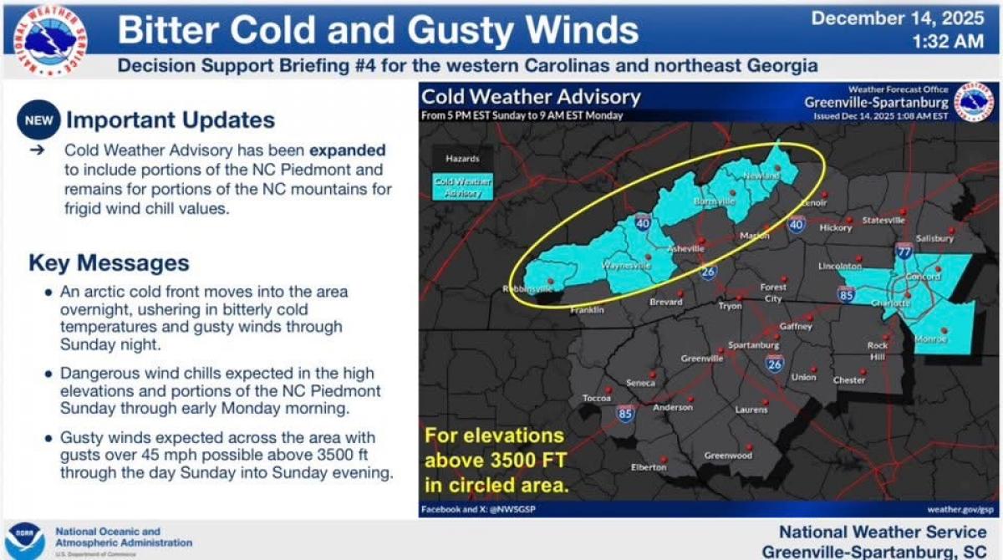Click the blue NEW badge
coord(38,120)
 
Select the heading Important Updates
coord(171,120)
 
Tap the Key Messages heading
coord(109,262)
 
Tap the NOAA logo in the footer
coord(25,541)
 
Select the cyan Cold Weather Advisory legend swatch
coord(462,186)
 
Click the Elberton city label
coord(648,467)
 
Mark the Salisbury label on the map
coord(934,238)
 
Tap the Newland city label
coord(761,176)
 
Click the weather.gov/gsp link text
coord(960,509)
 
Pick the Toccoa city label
coord(597,398)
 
